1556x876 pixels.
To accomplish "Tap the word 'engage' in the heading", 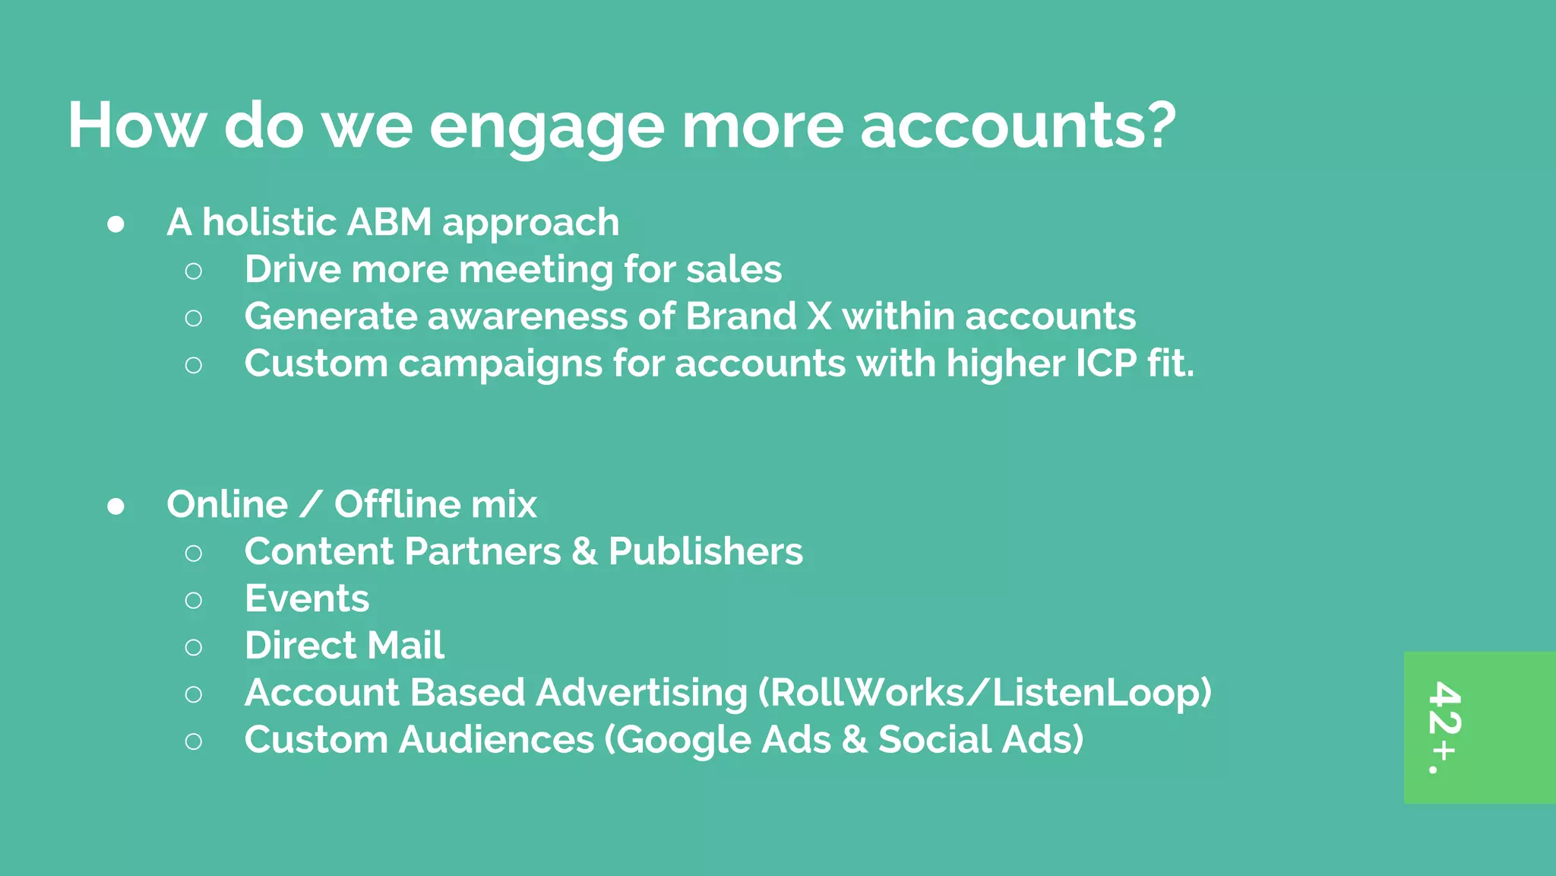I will [x=547, y=126].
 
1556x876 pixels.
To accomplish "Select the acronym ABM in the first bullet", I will [x=388, y=222].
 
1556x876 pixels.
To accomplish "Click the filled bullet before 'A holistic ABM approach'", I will [x=116, y=224].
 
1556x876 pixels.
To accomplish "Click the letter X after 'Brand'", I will [x=819, y=316].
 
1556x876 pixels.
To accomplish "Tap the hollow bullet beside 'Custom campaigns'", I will [x=194, y=365].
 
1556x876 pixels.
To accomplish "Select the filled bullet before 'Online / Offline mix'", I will [x=116, y=506].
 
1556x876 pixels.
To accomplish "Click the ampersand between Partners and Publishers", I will [x=583, y=551].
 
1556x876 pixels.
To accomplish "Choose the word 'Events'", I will [x=307, y=598].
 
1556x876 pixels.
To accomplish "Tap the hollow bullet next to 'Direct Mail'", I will [x=194, y=647].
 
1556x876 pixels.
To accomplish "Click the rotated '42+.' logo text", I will [x=1444, y=727].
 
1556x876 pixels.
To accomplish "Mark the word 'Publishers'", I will [x=705, y=551].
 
